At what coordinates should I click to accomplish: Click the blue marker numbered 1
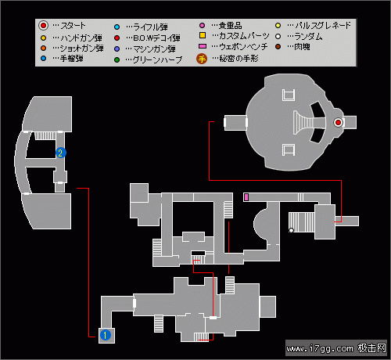pyautogui.click(x=106, y=335)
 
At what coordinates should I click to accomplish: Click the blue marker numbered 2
pyautogui.click(x=61, y=153)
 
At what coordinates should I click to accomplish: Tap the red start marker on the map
pyautogui.click(x=338, y=122)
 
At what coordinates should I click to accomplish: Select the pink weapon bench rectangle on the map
pyautogui.click(x=246, y=197)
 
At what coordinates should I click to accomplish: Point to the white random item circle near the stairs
pyautogui.click(x=291, y=230)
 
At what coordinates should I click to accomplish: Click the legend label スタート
pyautogui.click(x=73, y=26)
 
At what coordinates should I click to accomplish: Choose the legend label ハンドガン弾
pyautogui.click(x=81, y=38)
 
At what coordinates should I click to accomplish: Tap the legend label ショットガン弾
pyautogui.click(x=82, y=49)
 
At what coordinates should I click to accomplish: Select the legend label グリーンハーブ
pyautogui.click(x=157, y=59)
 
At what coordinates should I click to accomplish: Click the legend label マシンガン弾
pyautogui.click(x=154, y=49)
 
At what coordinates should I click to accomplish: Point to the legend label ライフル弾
pyautogui.click(x=150, y=27)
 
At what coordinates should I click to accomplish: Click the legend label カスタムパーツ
pyautogui.click(x=244, y=35)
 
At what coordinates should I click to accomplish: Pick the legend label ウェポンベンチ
pyautogui.click(x=243, y=47)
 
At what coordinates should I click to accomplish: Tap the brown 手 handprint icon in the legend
pyautogui.click(x=202, y=59)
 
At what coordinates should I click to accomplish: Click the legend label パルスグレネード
pyautogui.click(x=323, y=25)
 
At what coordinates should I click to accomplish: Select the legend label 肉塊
pyautogui.click(x=302, y=47)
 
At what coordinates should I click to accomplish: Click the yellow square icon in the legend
pyautogui.click(x=203, y=35)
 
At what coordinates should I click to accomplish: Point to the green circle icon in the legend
pyautogui.click(x=117, y=59)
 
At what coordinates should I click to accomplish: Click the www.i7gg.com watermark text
pyautogui.click(x=320, y=348)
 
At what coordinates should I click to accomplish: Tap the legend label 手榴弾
pyautogui.click(x=72, y=59)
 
